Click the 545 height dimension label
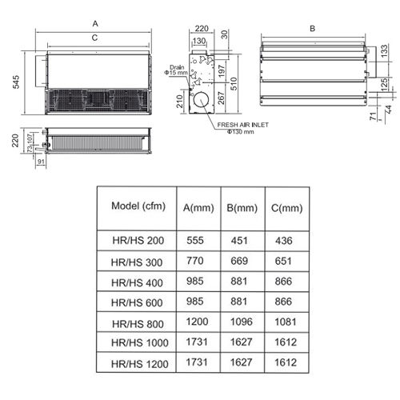16,82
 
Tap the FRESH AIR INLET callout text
242,125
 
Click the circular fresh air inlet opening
201,100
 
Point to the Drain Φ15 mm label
176,70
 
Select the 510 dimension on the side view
234,84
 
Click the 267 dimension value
221,98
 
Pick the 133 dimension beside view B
384,51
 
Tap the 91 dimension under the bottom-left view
41,162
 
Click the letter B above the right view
313,28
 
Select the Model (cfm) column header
138,206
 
